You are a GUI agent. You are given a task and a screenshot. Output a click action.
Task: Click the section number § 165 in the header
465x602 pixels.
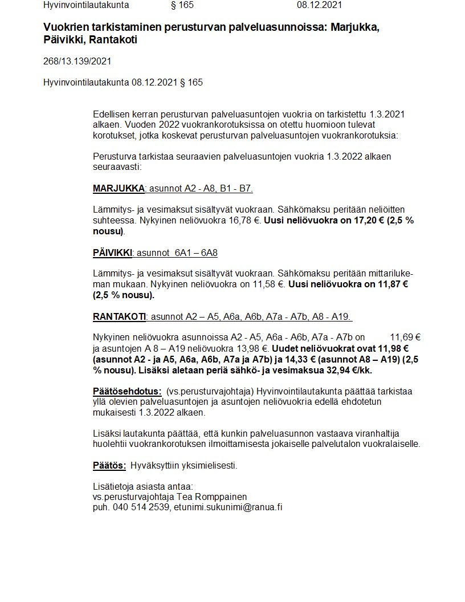coord(182,5)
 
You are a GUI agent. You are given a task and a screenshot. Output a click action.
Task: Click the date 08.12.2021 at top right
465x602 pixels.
coord(319,5)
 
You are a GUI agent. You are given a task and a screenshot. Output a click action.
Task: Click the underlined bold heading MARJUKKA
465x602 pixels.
coord(119,189)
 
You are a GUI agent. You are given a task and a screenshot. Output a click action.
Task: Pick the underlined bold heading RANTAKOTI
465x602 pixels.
coord(119,316)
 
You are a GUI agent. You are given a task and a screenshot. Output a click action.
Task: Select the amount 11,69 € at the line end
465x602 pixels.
coord(405,337)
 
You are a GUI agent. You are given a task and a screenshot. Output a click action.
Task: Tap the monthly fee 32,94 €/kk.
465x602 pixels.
coord(354,370)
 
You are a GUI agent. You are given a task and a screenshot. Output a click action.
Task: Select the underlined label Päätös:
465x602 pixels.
coord(109,465)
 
